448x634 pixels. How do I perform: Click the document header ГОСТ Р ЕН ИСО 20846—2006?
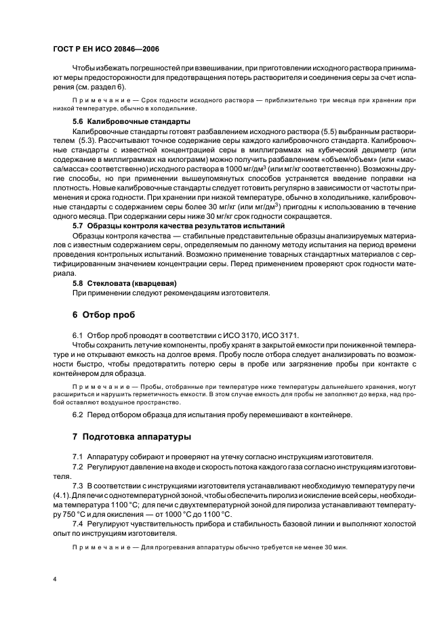click(106, 49)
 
